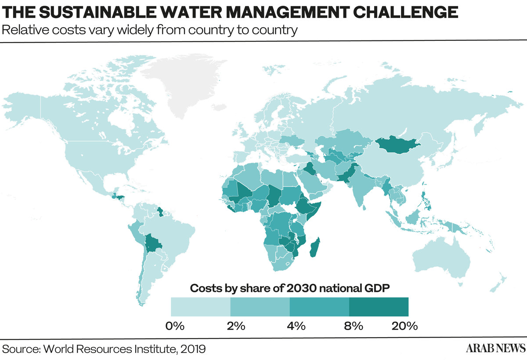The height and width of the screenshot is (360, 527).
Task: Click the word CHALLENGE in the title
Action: click(405, 12)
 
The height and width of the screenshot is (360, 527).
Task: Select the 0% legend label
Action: click(175, 326)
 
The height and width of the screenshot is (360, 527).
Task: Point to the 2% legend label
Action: click(236, 326)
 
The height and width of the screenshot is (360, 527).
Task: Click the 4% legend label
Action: click(296, 326)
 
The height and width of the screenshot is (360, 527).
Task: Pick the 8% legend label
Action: click(354, 326)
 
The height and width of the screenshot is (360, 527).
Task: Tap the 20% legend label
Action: click(404, 326)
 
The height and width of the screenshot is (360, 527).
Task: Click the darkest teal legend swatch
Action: click(379, 307)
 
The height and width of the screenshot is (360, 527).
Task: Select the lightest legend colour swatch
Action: click(201, 307)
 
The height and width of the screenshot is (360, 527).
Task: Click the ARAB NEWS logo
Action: click(495, 348)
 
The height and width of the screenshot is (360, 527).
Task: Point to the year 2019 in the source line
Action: click(193, 349)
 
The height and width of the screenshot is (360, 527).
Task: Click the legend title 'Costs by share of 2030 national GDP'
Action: click(289, 288)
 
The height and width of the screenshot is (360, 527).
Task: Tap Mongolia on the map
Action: click(397, 145)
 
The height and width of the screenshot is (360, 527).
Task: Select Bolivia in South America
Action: click(152, 243)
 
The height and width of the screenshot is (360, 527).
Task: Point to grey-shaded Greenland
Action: click(184, 82)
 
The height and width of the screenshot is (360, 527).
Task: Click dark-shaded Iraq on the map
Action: click(309, 169)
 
